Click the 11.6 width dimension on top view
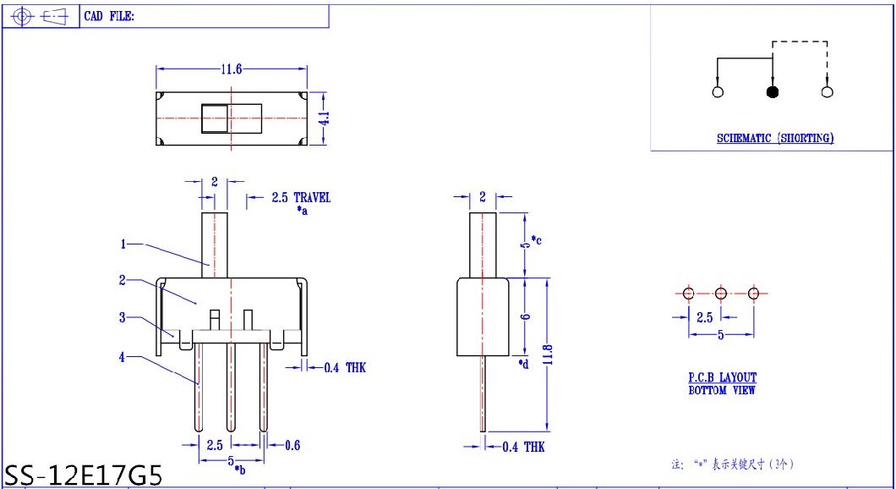(232, 69)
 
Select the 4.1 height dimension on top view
(323, 119)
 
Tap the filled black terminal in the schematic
(772, 92)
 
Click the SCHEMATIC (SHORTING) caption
(775, 138)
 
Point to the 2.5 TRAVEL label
(301, 198)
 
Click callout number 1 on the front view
(123, 244)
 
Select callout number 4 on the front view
(123, 357)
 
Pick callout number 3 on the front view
(123, 317)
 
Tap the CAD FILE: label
(109, 16)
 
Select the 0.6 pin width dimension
(292, 446)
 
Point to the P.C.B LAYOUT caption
(722, 377)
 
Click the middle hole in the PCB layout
(721, 294)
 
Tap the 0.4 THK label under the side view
(523, 447)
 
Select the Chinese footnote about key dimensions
(732, 464)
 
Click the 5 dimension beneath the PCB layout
(720, 335)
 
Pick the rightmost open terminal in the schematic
(827, 92)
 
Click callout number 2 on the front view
(123, 280)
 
